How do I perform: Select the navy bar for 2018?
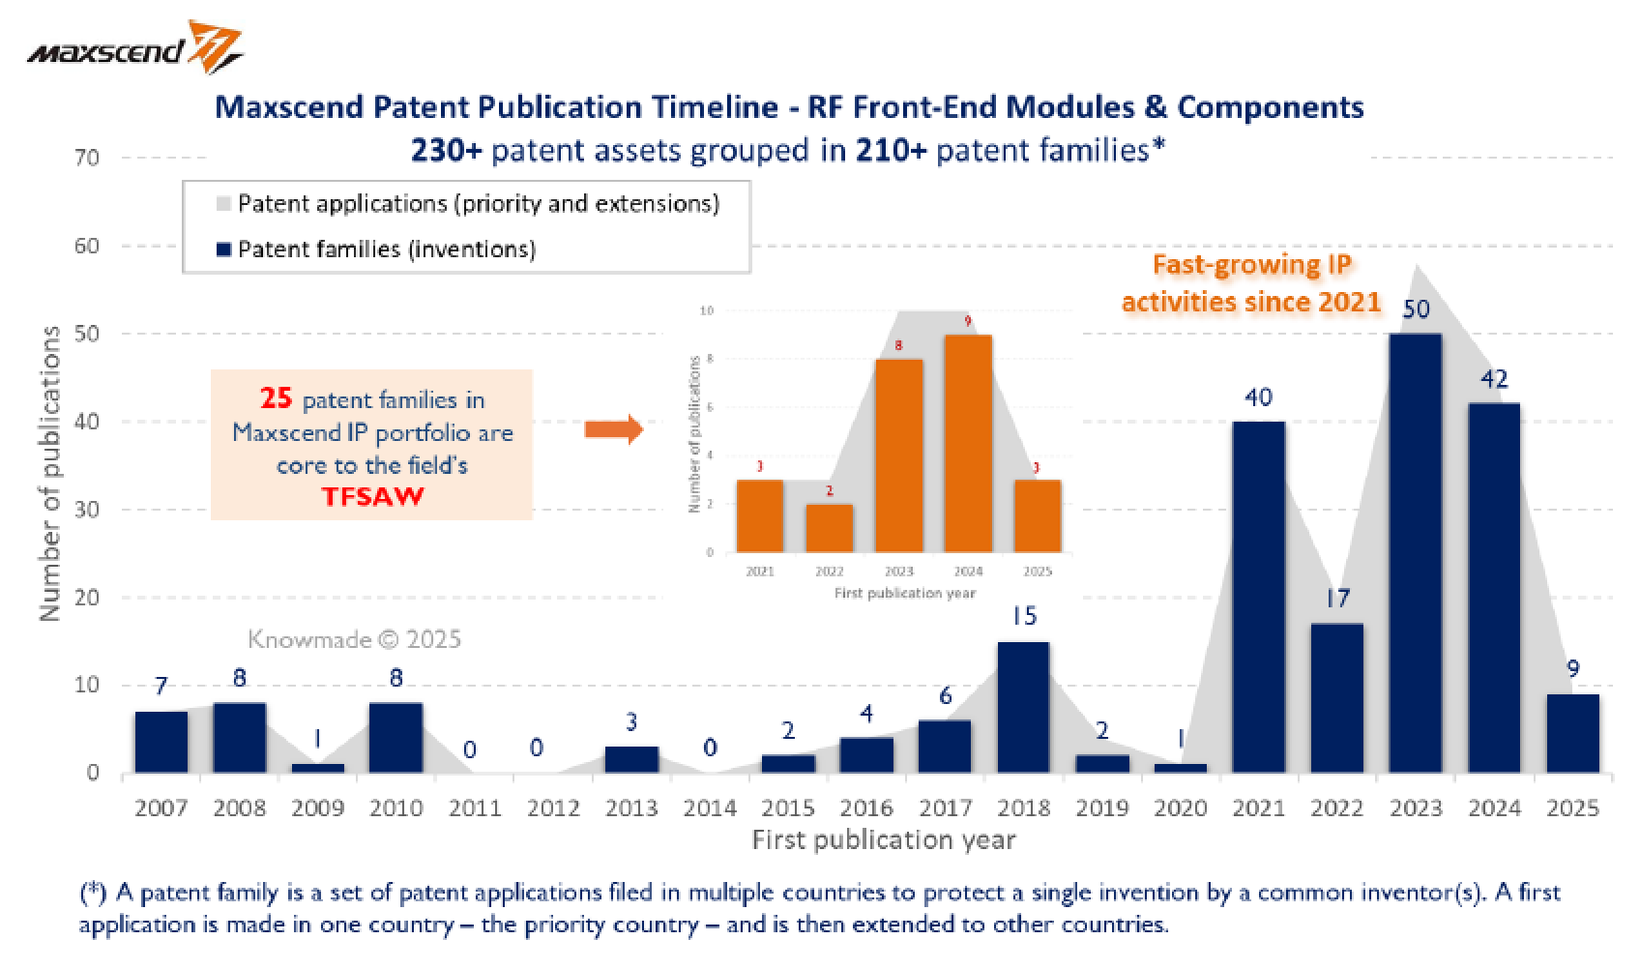(1023, 707)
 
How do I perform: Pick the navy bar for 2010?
(395, 738)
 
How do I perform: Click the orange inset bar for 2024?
(967, 444)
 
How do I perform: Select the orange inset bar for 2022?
(830, 528)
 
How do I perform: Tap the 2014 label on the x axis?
(710, 808)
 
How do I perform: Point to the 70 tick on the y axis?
(86, 158)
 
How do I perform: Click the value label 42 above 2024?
(1494, 379)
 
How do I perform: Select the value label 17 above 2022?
(1336, 599)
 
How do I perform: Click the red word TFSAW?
(371, 498)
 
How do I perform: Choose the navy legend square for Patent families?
(223, 250)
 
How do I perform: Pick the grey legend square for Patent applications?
(223, 204)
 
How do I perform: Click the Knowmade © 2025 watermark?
(354, 639)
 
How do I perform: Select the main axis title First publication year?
(883, 839)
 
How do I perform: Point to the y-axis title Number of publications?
(51, 474)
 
